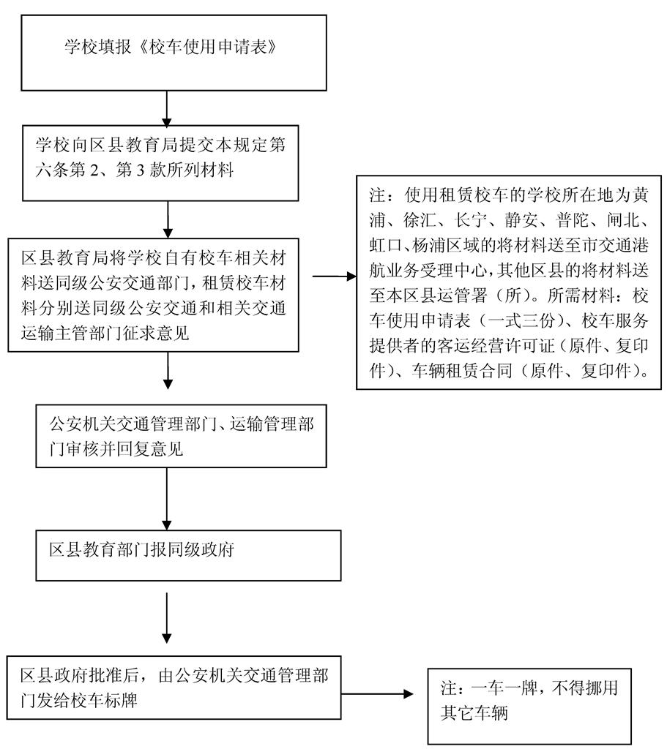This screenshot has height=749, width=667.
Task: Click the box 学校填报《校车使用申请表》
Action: click(x=174, y=50)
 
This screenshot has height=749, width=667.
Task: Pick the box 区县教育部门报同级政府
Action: click(x=189, y=554)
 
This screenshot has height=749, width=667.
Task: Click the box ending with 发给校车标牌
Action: click(x=174, y=689)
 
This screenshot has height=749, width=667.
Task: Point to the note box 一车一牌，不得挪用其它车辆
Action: click(x=529, y=701)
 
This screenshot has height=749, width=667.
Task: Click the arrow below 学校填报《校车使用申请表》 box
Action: click(x=168, y=110)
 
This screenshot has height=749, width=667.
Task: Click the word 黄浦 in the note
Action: click(x=633, y=197)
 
